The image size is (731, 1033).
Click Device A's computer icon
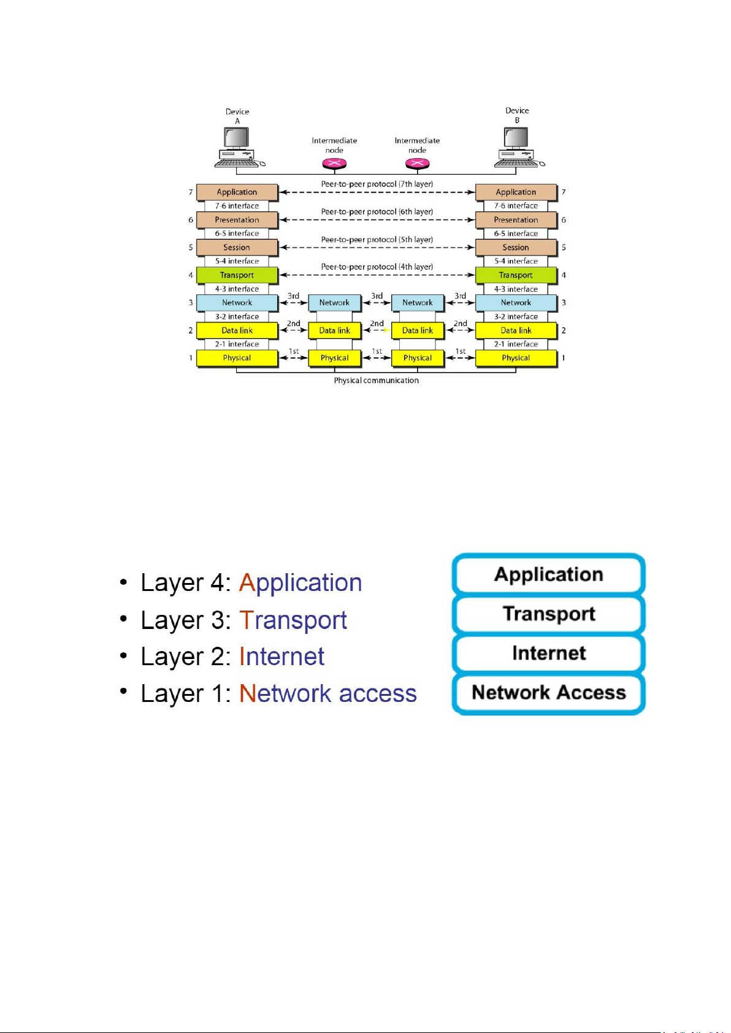click(x=237, y=148)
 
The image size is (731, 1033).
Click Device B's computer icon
click(x=516, y=147)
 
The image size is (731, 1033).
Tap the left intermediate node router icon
click(x=334, y=164)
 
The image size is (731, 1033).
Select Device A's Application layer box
click(x=237, y=192)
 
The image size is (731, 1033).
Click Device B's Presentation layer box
click(x=516, y=219)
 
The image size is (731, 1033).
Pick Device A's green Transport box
click(x=237, y=275)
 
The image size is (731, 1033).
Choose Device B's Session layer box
click(x=516, y=248)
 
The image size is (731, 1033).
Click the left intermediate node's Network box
click(x=334, y=303)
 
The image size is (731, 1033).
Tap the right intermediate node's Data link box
click(x=417, y=330)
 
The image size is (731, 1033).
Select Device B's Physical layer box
click(x=516, y=358)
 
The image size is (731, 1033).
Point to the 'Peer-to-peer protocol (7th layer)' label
click(x=377, y=184)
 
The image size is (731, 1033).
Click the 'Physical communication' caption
click(x=376, y=381)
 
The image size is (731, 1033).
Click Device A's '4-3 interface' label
click(x=237, y=289)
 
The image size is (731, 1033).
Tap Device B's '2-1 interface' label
click(x=516, y=344)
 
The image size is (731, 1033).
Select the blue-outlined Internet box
click(x=549, y=654)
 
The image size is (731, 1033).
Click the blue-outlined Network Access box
click(x=549, y=693)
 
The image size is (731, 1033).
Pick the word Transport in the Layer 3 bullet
click(x=293, y=620)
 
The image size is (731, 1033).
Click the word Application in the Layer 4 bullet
click(x=300, y=582)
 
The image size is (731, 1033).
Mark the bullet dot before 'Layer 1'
click(x=124, y=692)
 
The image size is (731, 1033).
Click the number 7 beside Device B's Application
click(x=564, y=192)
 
